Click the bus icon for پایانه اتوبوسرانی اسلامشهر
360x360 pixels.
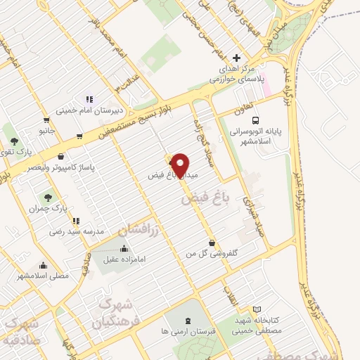pos(255,120)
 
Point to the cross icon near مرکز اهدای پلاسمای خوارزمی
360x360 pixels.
pos(236,58)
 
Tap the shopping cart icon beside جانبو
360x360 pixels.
pos(46,120)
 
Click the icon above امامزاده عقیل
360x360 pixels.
pos(124,247)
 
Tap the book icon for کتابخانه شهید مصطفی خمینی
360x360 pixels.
pos(257,310)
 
